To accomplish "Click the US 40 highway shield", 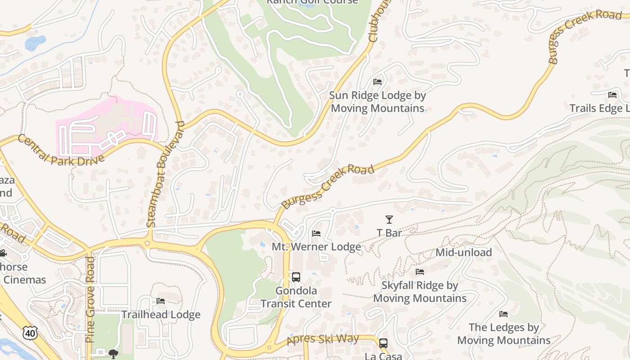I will pos(30,333).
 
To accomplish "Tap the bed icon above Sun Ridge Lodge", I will pos(378,81).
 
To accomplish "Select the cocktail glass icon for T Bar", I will pos(389,220).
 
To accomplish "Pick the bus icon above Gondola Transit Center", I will pos(296,277).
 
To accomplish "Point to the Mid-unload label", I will pos(463,252).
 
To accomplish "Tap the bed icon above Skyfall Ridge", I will pos(420,271).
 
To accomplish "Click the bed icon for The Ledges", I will pos(504,314).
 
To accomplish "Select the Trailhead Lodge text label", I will pos(161,315).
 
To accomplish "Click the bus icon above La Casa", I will pos(383,343).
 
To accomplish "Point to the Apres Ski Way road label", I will pos(323,339).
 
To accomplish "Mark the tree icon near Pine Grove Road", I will pos(113,353).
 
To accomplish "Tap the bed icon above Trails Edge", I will pos(612,94).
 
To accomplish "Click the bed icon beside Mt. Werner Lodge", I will pos(316,233).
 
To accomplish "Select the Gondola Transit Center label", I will pos(296,297).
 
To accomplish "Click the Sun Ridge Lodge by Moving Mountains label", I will pos(378,102).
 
